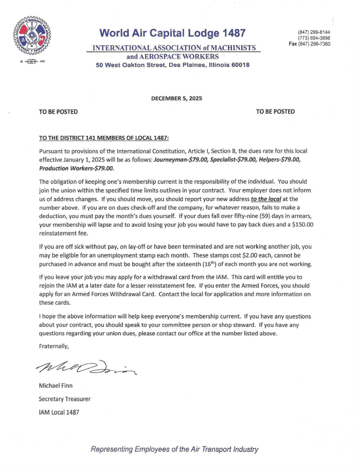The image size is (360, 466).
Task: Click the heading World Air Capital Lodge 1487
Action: (173, 34)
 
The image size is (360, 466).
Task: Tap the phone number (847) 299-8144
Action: (314, 32)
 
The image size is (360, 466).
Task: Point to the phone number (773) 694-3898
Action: (314, 38)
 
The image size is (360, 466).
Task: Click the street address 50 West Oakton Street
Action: (128, 65)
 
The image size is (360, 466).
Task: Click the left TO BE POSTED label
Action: (58, 112)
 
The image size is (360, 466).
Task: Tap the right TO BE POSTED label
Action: (275, 112)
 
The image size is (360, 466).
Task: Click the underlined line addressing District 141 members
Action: (104, 138)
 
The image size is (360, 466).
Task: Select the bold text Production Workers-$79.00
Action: (77, 168)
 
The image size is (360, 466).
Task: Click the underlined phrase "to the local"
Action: (265, 198)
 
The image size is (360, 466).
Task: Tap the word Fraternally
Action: (53, 346)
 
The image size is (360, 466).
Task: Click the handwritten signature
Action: (86, 366)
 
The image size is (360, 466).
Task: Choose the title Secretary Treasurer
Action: (65, 399)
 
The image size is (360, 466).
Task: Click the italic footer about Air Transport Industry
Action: (174, 449)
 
